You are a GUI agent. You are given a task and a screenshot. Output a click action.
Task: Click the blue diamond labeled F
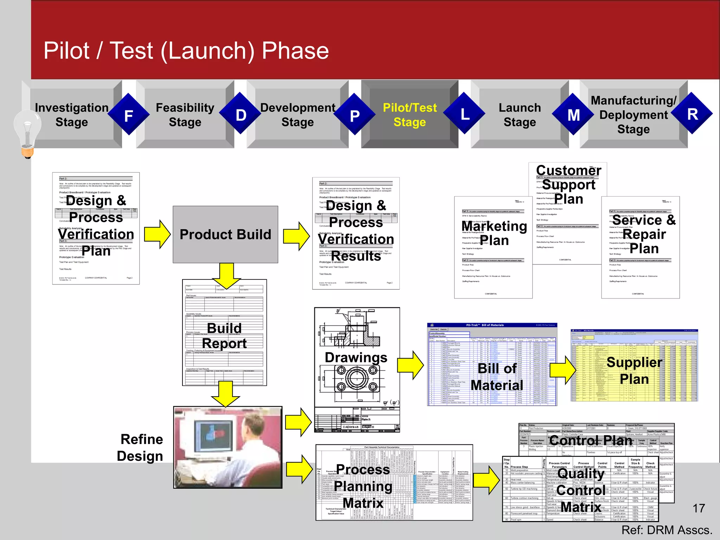(x=129, y=115)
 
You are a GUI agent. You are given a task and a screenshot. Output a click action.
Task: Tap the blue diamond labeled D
(x=241, y=114)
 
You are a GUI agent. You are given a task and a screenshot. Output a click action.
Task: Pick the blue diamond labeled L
(x=464, y=114)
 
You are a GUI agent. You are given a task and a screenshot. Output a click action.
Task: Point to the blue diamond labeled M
(x=573, y=115)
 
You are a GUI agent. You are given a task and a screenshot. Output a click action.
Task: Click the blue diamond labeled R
(x=692, y=114)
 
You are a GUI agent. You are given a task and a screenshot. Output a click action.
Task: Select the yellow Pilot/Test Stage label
(x=410, y=115)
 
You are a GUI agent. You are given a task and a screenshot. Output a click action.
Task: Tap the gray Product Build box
(x=225, y=234)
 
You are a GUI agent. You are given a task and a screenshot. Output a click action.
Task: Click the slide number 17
(x=699, y=508)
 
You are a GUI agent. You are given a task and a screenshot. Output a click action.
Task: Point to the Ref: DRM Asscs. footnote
(x=667, y=530)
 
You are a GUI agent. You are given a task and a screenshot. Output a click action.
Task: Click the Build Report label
(x=224, y=336)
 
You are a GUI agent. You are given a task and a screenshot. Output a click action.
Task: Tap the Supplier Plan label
(x=634, y=371)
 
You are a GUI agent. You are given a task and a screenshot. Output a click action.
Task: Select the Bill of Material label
(x=497, y=377)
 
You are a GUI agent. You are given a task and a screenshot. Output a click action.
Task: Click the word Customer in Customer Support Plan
(x=568, y=170)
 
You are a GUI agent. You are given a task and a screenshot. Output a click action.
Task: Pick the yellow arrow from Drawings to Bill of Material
(x=410, y=365)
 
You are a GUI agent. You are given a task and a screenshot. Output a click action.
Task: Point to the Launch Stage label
(x=520, y=115)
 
